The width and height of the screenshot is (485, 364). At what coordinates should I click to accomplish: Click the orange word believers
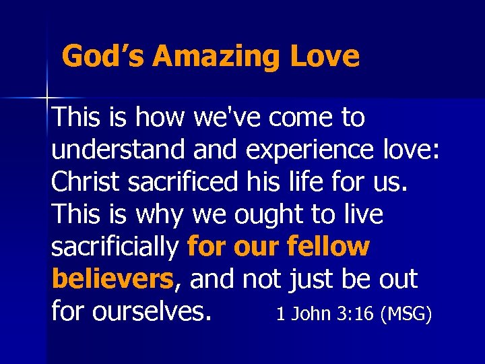112,278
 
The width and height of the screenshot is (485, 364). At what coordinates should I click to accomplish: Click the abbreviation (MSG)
406,314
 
